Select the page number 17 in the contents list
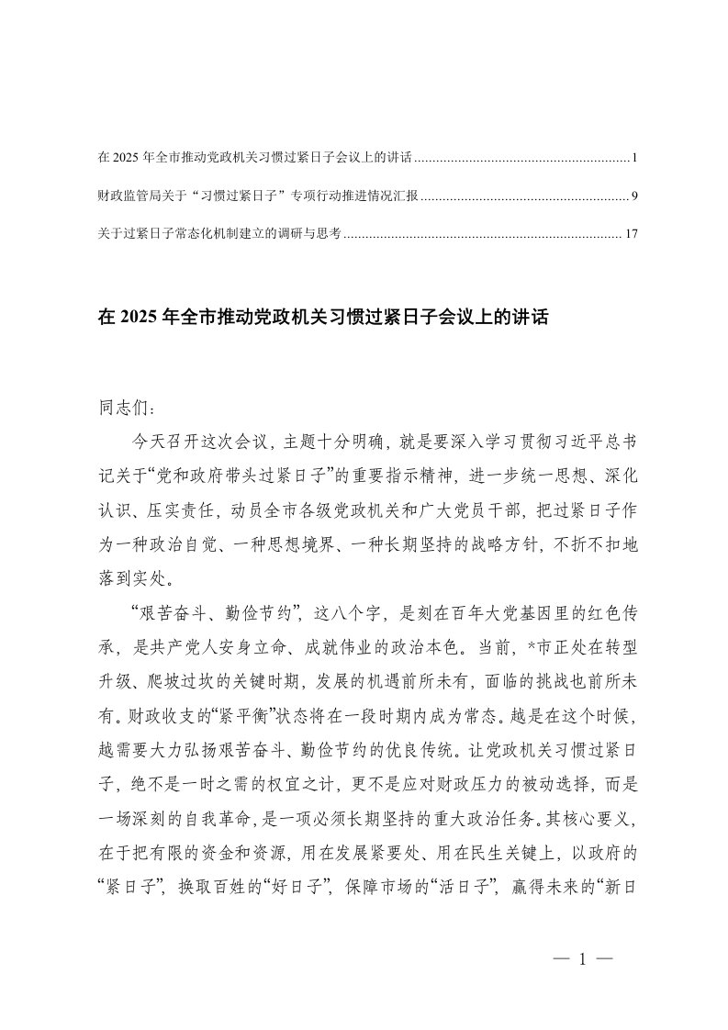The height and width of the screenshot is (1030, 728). pyautogui.click(x=630, y=234)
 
